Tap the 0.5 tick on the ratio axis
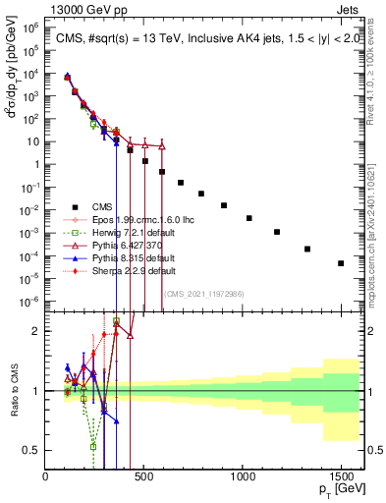[33, 450]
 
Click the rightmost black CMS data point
[341, 263]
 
